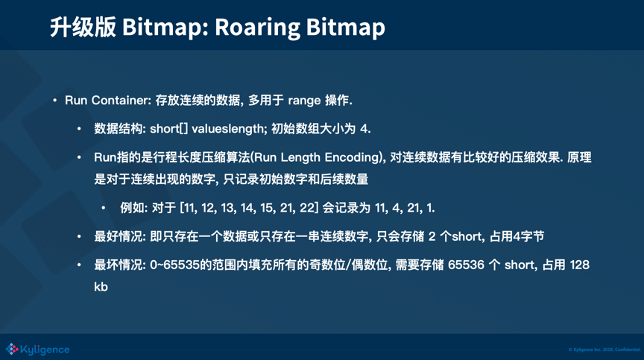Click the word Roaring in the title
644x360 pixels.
click(257, 28)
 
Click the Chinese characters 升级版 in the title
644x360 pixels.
click(83, 27)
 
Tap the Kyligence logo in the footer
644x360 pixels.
click(37, 350)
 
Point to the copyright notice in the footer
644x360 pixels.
click(604, 350)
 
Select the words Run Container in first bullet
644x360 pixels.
click(107, 100)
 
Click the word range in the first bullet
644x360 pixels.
click(304, 101)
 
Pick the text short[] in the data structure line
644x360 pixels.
click(168, 129)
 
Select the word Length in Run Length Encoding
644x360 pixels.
click(300, 157)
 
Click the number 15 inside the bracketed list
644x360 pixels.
click(267, 208)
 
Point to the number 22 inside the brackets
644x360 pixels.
click(307, 208)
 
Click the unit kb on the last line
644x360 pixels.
click(101, 286)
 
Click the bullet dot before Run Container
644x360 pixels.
click(54, 100)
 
